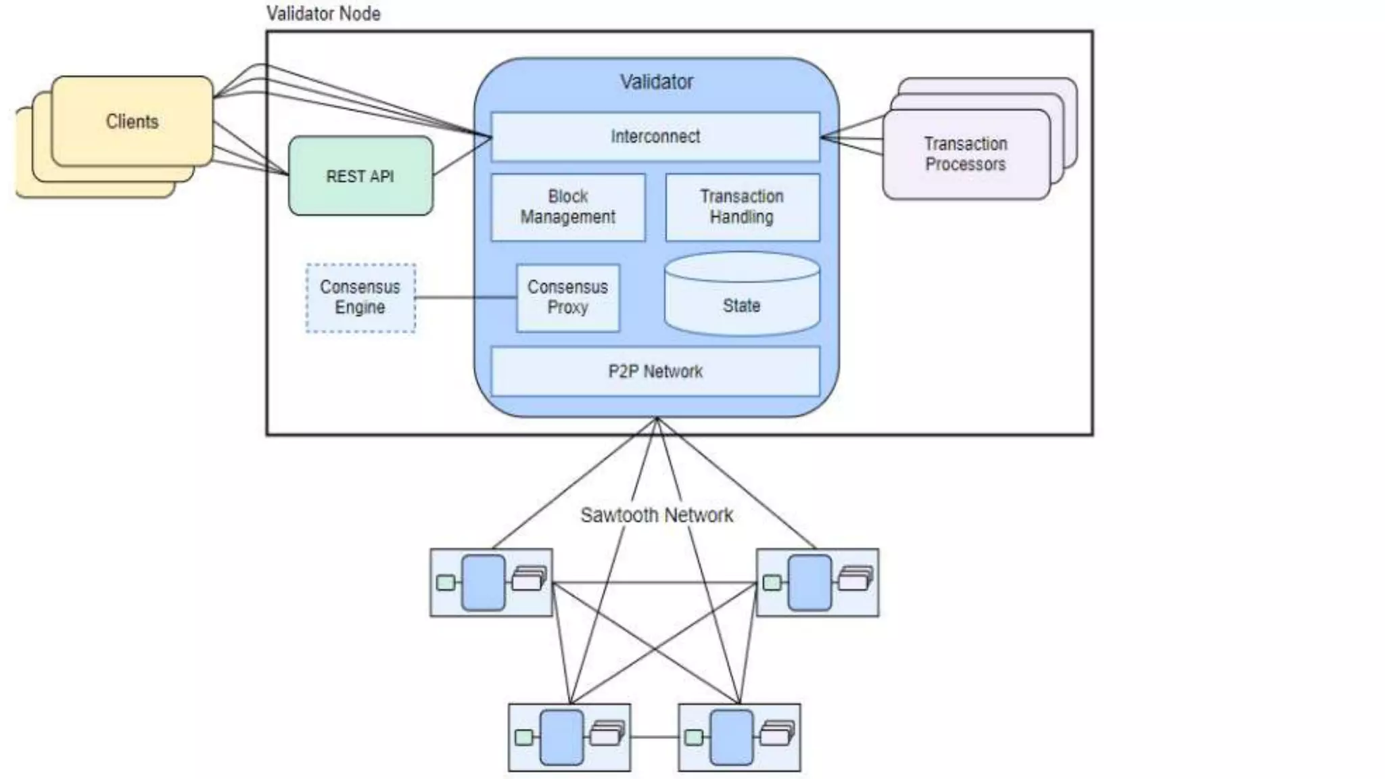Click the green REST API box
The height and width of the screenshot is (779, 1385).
[x=360, y=176]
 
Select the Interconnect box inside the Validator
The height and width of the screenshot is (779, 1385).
[x=655, y=137]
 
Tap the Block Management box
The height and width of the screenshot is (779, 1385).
[x=568, y=207]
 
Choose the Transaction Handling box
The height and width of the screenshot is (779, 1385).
[x=742, y=207]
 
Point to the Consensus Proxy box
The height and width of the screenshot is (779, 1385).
[x=567, y=298]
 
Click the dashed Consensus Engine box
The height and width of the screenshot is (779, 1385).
[x=360, y=298]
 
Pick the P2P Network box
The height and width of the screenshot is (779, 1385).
[x=655, y=371]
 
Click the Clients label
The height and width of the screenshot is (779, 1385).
[x=132, y=122]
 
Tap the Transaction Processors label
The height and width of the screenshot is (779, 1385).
[x=965, y=154]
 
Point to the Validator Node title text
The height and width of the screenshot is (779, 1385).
[x=323, y=14]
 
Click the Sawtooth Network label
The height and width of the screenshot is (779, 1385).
[x=656, y=515]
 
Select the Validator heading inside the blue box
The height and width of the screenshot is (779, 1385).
[x=656, y=82]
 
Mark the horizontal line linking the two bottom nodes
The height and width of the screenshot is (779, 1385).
[x=654, y=737]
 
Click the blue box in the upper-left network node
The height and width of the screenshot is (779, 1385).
[x=483, y=582]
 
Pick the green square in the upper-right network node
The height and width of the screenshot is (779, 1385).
[x=772, y=582]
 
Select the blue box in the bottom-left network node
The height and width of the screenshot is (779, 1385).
[x=561, y=737]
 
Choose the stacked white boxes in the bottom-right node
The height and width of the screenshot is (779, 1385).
[x=776, y=734]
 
